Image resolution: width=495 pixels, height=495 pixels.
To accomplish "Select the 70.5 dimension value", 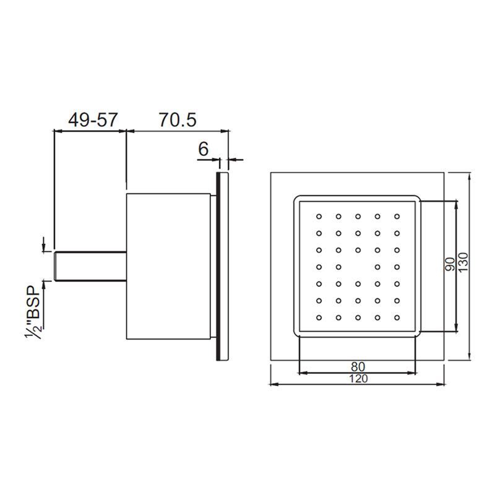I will tap(177, 120).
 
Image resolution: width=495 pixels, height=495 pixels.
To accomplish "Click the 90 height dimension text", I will tap(450, 265).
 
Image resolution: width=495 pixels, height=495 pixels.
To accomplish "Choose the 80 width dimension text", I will tap(358, 366).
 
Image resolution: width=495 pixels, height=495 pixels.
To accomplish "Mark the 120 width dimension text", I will tap(358, 379).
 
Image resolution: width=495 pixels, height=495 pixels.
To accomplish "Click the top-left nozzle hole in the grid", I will tap(319, 217).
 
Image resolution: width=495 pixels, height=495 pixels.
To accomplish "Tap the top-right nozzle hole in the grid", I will tap(397, 217).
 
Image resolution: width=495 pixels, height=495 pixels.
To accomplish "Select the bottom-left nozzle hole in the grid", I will tap(319, 317).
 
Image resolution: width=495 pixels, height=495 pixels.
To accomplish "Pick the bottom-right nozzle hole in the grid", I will tap(397, 317).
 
